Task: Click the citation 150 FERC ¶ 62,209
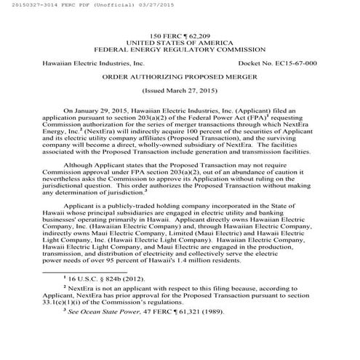tap(180, 36)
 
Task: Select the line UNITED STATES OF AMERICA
tap(180, 43)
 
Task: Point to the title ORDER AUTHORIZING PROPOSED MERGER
tap(180, 79)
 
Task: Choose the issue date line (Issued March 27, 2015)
tap(180, 93)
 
